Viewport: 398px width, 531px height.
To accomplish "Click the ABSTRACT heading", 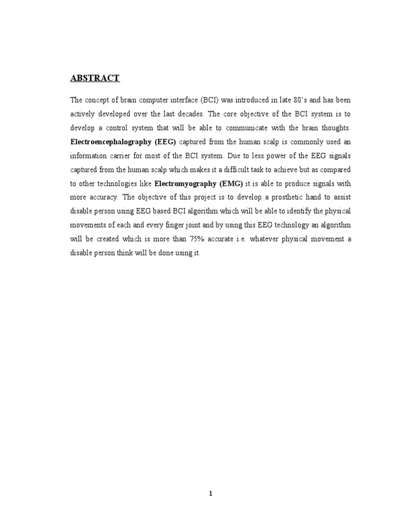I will pyautogui.click(x=95, y=78).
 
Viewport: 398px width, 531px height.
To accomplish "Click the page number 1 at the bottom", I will pyautogui.click(x=210, y=494).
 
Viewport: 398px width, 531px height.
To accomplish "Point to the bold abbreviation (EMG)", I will pyautogui.click(x=232, y=183).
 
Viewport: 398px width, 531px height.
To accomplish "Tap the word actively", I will pyautogui.click(x=82, y=113).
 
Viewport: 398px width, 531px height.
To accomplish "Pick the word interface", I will pyautogui.click(x=172, y=99).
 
